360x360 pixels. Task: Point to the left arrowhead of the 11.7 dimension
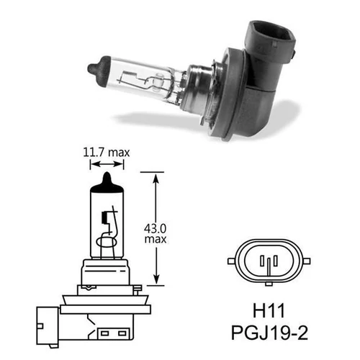[x=91, y=164]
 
